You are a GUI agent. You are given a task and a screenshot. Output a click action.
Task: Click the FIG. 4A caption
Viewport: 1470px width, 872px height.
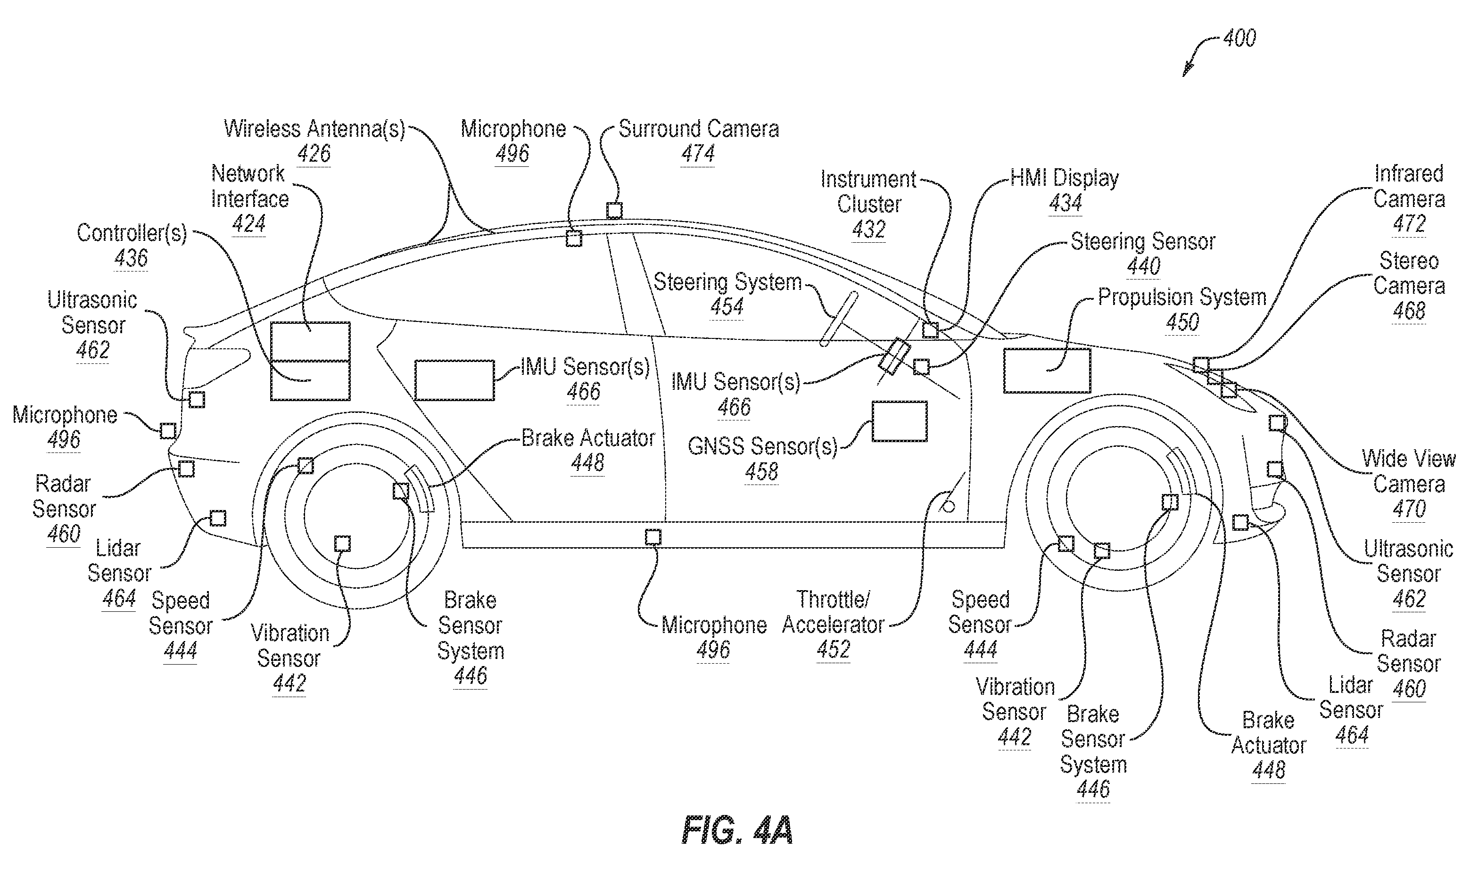pos(737,830)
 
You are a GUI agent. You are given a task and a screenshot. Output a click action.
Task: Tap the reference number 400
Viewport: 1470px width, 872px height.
pos(1239,38)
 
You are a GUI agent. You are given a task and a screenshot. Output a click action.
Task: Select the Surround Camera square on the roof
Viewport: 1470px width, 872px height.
pos(614,210)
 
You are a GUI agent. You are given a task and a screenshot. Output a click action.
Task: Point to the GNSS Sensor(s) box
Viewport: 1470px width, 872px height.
pos(899,421)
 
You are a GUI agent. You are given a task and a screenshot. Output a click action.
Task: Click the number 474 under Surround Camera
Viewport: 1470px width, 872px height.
pos(698,154)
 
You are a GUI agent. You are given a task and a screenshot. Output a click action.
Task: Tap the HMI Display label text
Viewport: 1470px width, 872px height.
pos(1065,178)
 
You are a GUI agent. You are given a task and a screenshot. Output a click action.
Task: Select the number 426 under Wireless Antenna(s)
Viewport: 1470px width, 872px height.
pos(314,154)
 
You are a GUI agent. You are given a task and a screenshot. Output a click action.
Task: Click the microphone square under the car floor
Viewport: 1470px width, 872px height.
pos(652,536)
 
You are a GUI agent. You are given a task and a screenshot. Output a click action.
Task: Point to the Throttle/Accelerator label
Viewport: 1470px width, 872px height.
pos(833,612)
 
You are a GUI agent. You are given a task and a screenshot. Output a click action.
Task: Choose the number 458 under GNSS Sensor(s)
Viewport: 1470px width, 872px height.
pos(761,471)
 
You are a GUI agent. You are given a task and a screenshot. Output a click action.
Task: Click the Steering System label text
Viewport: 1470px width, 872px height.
pos(727,282)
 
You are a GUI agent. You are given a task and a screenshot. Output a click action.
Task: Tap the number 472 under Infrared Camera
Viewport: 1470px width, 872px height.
pos(1409,223)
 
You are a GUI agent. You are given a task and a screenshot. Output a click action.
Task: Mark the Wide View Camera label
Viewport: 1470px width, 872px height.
pos(1409,471)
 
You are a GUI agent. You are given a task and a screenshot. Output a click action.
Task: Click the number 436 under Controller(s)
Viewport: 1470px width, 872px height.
pos(131,258)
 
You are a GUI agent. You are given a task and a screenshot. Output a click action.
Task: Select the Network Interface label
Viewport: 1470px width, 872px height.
pos(250,186)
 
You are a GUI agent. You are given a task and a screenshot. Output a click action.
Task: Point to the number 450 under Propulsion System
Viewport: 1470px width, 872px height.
pos(1182,322)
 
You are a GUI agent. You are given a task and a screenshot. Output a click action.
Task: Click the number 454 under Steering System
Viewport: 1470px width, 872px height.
pos(727,307)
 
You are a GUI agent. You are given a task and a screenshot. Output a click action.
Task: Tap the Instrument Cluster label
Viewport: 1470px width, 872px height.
pos(869,191)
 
